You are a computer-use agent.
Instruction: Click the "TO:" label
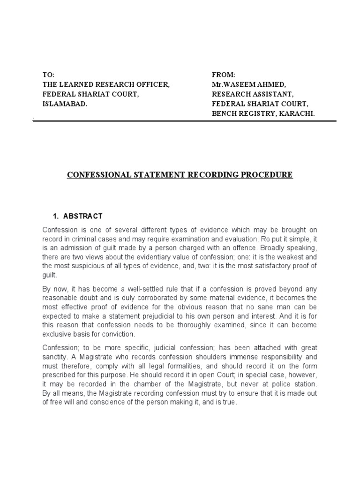click(49, 75)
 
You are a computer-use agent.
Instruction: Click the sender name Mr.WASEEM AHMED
click(247, 84)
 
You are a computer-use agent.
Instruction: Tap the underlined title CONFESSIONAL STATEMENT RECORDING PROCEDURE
click(180, 175)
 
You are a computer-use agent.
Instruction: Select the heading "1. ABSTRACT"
click(77, 216)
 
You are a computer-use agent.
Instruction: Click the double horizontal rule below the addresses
click(185, 121)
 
